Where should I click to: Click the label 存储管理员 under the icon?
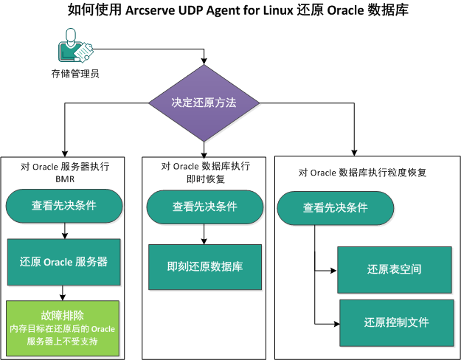[75, 74]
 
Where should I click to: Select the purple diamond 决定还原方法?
[204, 103]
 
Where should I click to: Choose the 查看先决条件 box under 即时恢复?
[205, 207]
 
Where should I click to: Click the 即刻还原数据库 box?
[205, 266]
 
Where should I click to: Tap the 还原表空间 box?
[394, 269]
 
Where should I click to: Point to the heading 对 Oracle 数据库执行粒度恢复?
[363, 173]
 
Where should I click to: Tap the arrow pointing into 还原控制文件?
[327, 322]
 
